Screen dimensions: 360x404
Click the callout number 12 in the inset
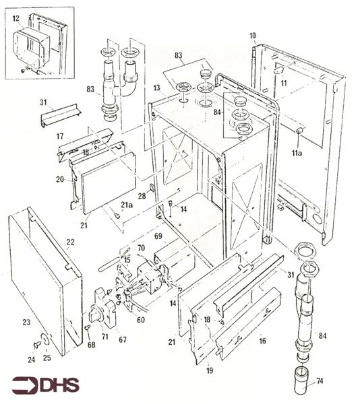[16, 18]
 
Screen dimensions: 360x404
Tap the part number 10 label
[253, 36]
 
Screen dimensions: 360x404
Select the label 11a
[297, 153]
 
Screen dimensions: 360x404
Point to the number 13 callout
[157, 88]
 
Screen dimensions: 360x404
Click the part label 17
[60, 136]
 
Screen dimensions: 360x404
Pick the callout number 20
[60, 179]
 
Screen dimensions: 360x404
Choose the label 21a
[127, 205]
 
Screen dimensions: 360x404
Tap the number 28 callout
[142, 196]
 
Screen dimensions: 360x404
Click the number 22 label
[70, 242]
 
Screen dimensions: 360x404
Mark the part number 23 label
[26, 322]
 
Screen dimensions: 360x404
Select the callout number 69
[158, 236]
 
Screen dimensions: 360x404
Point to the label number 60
[140, 320]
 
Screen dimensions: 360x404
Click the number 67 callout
[123, 339]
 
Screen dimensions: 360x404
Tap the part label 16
[262, 341]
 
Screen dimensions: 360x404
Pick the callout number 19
[210, 370]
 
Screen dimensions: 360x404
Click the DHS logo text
[59, 385]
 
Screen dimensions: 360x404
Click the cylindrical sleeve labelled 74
[303, 384]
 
